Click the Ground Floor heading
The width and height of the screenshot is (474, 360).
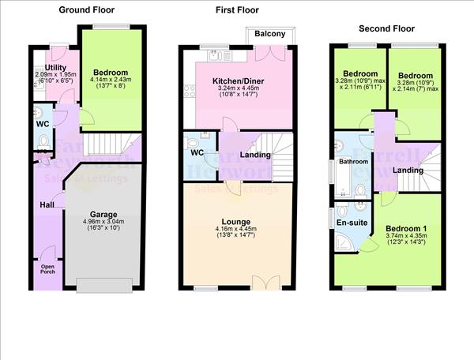tap(87, 10)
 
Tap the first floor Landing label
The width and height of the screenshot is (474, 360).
tap(256, 155)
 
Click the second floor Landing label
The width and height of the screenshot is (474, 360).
tap(408, 170)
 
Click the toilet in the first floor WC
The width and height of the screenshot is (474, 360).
tap(194, 143)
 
